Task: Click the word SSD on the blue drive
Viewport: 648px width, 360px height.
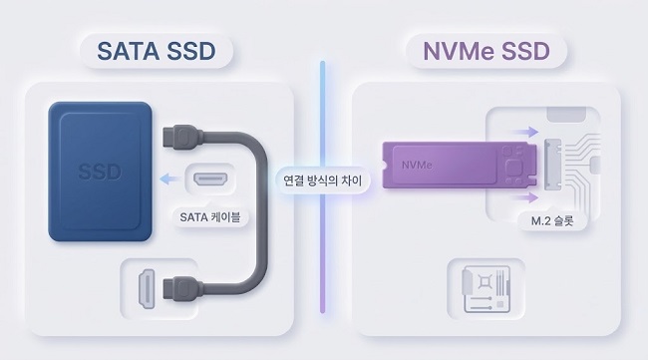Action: pyautogui.click(x=100, y=172)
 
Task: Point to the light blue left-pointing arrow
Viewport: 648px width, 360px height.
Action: pyautogui.click(x=173, y=180)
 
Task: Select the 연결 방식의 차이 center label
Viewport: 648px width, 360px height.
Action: pyautogui.click(x=323, y=182)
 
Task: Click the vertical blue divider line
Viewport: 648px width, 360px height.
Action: pyautogui.click(x=323, y=110)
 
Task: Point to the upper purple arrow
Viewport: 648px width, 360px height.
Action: pyautogui.click(x=521, y=131)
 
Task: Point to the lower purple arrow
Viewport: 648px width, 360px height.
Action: pyautogui.click(x=522, y=197)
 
